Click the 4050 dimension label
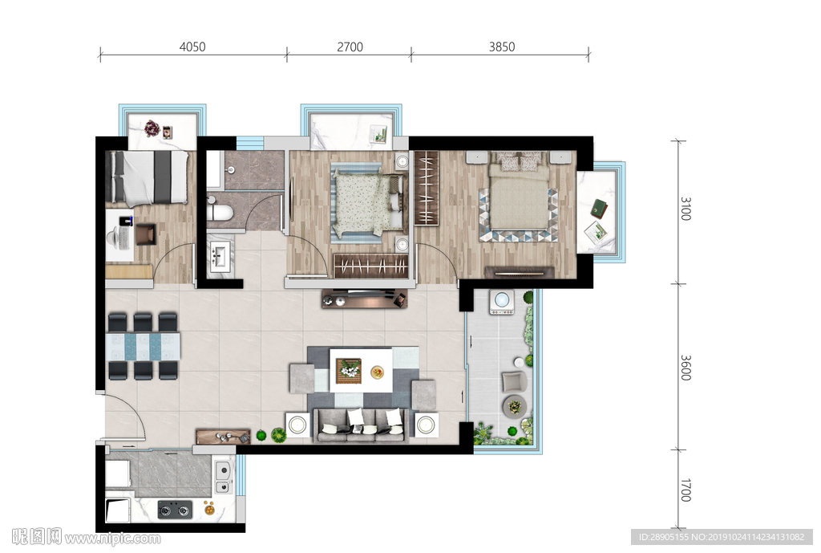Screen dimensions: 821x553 (x=192, y=47)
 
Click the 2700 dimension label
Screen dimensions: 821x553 (x=350, y=47)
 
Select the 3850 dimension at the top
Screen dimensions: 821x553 (x=502, y=47)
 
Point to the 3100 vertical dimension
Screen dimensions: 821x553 (x=686, y=209)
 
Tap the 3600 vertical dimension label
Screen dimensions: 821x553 (x=686, y=368)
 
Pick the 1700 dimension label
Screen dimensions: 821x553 (x=686, y=490)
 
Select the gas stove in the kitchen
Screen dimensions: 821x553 (x=175, y=509)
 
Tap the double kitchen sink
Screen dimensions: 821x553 (x=223, y=477)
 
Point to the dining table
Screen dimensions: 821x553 (x=143, y=346)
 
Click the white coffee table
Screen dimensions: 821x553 (x=361, y=371)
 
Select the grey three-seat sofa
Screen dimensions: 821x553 (x=362, y=425)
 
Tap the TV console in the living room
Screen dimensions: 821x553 (x=365, y=299)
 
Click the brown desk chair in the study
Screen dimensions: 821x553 (x=146, y=234)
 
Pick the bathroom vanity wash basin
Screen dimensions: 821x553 (x=219, y=257)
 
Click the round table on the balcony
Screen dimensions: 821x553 (x=515, y=406)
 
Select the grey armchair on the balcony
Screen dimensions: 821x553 (x=514, y=381)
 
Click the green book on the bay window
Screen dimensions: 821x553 (x=600, y=209)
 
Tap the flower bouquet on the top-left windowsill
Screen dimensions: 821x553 (x=152, y=128)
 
